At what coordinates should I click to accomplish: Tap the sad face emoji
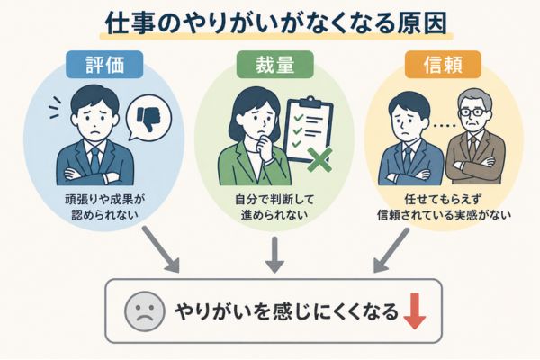(x=140, y=312)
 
